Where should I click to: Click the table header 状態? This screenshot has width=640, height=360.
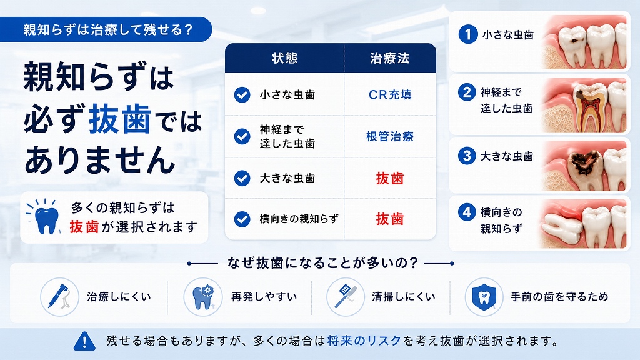point(284,58)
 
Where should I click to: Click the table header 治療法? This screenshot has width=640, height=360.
point(390,58)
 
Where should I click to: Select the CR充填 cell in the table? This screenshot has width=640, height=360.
point(390,94)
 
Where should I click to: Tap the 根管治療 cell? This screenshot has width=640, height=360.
point(390,136)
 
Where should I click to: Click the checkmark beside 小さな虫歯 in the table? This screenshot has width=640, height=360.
point(242,95)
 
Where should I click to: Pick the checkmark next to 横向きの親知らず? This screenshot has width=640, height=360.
point(242,219)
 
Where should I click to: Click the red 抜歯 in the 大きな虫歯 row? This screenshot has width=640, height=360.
point(390,178)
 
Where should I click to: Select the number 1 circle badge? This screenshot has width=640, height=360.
point(467,34)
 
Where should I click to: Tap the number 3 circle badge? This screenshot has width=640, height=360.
point(467,156)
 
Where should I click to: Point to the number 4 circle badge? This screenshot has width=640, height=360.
point(467,212)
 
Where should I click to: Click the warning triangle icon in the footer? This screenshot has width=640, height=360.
point(84,341)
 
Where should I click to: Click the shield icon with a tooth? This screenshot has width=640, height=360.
point(484,297)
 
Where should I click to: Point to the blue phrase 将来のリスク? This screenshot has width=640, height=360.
point(364,341)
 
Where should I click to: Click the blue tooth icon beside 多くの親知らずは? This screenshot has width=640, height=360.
point(45,218)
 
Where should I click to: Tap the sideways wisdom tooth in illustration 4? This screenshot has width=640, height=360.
point(561,224)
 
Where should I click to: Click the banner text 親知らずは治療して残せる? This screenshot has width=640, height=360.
point(107,30)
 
